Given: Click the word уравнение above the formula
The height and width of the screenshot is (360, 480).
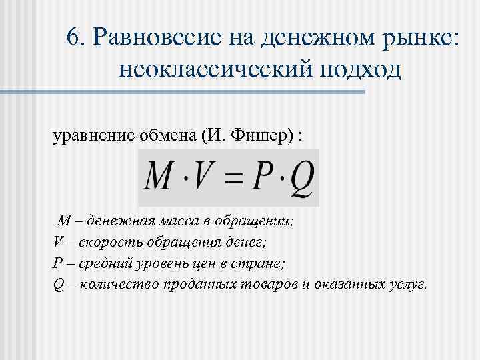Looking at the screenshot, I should pos(89,136).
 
